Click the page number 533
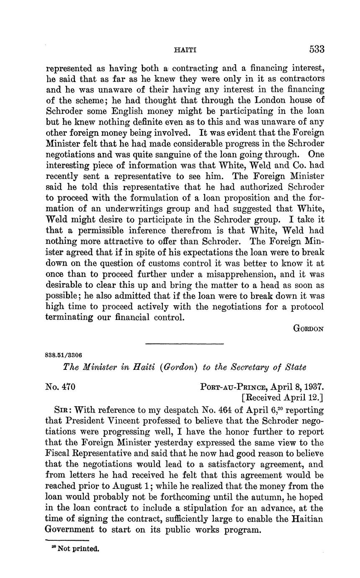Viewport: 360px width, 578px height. [x=317, y=49]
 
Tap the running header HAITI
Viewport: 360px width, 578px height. [x=185, y=50]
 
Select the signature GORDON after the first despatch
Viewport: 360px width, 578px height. [x=309, y=329]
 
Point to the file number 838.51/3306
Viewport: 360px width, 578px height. [x=63, y=355]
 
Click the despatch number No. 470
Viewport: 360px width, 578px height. [x=60, y=387]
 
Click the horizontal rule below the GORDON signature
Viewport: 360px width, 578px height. [x=185, y=344]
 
